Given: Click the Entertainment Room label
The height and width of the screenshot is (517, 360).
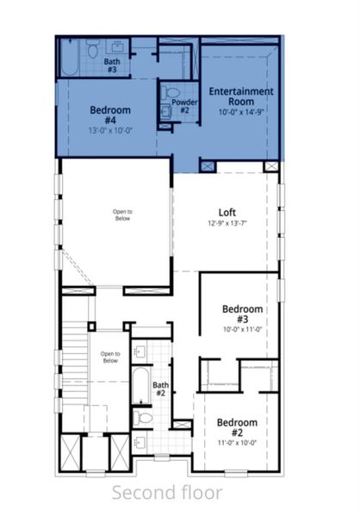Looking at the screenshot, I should click(240, 97).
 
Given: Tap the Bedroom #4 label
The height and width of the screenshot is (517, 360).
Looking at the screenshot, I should click(110, 115).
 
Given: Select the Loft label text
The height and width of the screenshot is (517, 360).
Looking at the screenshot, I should click(227, 212).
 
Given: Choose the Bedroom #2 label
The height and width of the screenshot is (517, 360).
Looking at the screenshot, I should click(236, 428).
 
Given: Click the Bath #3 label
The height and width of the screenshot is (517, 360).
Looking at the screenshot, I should click(112, 65).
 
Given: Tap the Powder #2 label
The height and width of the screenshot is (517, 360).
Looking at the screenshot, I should click(184, 106).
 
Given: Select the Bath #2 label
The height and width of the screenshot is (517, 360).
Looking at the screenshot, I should click(160, 389).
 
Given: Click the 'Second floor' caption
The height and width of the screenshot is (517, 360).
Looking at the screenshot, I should click(166, 492).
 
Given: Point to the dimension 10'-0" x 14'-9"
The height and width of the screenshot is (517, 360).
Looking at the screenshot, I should click(240, 112).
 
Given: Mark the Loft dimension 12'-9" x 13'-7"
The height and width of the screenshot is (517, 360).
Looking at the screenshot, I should click(227, 224).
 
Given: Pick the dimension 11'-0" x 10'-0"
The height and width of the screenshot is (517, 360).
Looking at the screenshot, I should click(236, 443).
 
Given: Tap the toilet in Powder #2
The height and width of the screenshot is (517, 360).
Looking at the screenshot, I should click(171, 92).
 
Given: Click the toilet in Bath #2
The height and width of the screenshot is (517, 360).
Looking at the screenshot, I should click(144, 418).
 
